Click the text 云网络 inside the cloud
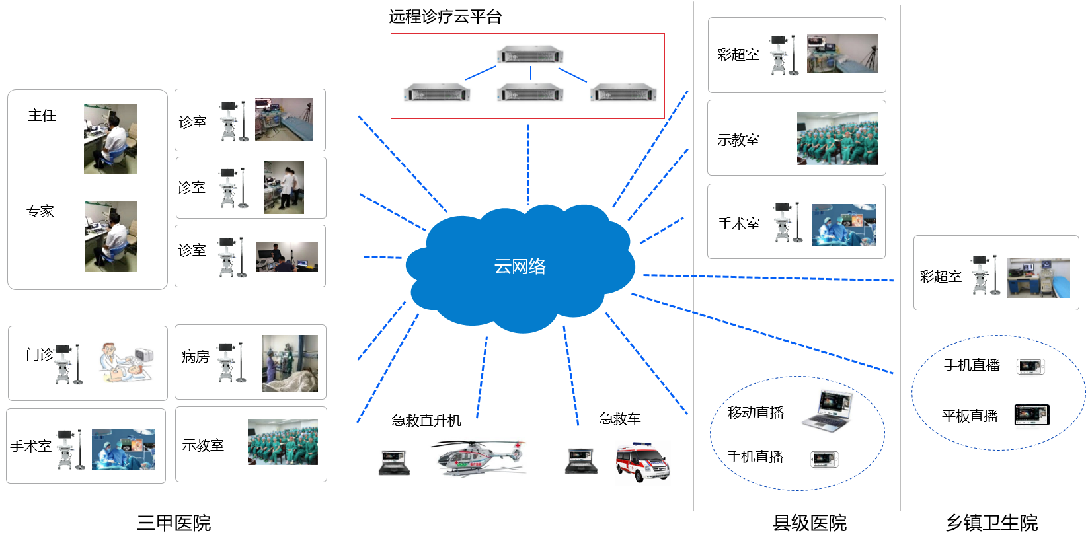(x=520, y=266)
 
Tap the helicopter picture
(x=477, y=457)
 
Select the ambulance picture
(x=642, y=462)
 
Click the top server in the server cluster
(x=530, y=54)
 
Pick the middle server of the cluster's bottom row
(x=530, y=92)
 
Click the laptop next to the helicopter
(x=394, y=462)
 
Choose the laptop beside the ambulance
(x=581, y=461)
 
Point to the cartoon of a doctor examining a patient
(x=126, y=363)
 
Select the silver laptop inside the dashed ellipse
(x=827, y=411)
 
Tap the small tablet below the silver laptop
(x=824, y=460)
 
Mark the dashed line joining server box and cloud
(x=527, y=162)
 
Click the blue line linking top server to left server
(x=481, y=73)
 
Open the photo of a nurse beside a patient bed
(x=290, y=363)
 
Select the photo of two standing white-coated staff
(x=284, y=188)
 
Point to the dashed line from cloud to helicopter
(x=482, y=377)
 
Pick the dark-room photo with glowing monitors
(x=287, y=257)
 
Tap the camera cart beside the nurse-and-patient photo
(x=227, y=363)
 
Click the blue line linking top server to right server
(x=572, y=75)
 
